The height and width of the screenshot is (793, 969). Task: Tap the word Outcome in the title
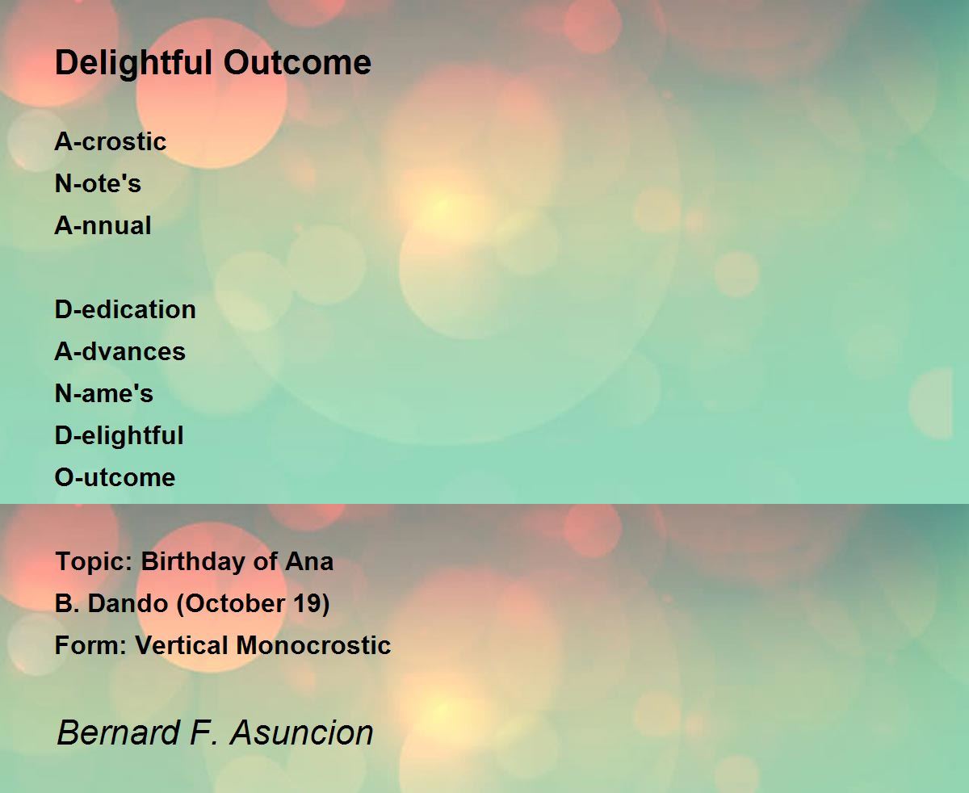click(297, 62)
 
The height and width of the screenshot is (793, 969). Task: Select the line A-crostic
click(111, 141)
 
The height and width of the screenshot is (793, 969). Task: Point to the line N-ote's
click(98, 183)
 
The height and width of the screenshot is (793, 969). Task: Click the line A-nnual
click(103, 225)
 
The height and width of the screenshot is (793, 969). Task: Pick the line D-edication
click(125, 309)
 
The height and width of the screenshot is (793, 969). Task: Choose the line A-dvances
click(120, 351)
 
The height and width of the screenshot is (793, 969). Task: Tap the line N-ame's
click(104, 393)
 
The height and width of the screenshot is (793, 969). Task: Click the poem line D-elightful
click(119, 436)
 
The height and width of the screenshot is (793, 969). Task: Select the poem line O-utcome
click(115, 477)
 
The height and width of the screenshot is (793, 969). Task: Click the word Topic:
click(94, 562)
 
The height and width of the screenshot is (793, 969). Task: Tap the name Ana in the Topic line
click(309, 561)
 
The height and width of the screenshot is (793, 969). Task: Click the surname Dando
click(128, 603)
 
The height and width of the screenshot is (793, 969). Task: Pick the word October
click(235, 604)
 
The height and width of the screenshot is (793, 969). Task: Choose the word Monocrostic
click(313, 645)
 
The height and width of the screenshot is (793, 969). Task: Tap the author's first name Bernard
click(118, 732)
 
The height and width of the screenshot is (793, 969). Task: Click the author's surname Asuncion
click(302, 732)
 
